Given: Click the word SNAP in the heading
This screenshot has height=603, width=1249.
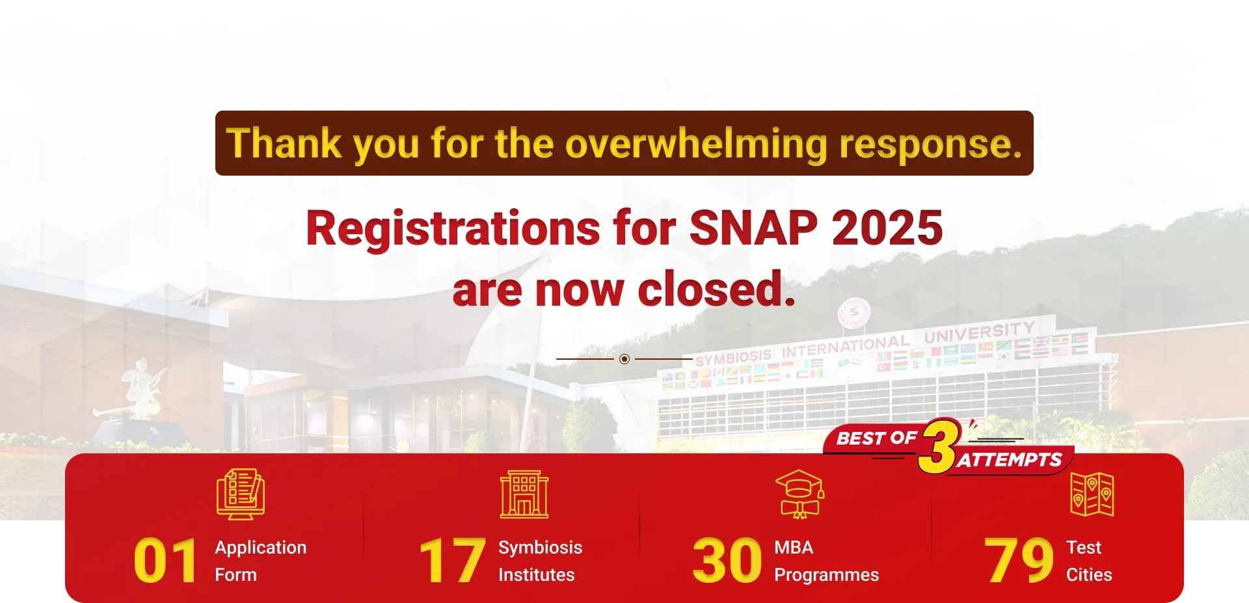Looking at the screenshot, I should [x=753, y=228].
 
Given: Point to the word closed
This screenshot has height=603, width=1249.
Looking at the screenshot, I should [x=716, y=289].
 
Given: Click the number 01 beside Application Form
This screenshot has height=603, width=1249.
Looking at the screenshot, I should [x=165, y=561].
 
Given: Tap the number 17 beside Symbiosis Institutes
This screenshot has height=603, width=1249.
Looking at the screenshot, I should [x=452, y=561].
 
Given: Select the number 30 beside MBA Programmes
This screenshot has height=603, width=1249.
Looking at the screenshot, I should [x=727, y=561].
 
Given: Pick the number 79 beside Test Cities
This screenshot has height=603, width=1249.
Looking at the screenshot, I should [x=1019, y=561].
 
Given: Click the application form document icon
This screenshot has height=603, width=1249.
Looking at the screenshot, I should [x=241, y=494].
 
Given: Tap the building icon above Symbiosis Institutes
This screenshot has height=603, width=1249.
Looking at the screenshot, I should [x=524, y=494].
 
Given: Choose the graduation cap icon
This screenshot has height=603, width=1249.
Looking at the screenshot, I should [x=799, y=494].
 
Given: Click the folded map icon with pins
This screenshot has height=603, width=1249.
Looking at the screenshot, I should [x=1092, y=494].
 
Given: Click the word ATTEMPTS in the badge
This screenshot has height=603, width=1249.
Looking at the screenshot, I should [x=1010, y=460].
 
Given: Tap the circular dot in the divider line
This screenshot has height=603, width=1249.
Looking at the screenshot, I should [x=624, y=359].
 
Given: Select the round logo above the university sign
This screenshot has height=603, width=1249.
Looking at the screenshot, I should [x=854, y=314].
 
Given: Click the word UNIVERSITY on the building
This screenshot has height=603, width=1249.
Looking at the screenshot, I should [x=980, y=332].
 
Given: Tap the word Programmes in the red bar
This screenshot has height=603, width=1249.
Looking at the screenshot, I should [x=826, y=575].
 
